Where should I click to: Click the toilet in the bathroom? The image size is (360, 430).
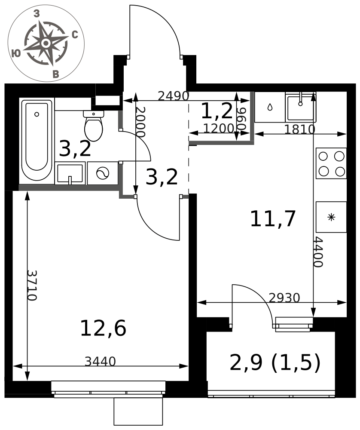point(94,126)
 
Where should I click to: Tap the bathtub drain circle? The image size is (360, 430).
point(37,114)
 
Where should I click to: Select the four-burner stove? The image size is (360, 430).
point(331,163)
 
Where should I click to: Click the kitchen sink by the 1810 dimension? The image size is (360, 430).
point(301,107)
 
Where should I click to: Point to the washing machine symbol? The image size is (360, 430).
point(103,173)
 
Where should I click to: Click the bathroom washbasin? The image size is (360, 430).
point(70,173)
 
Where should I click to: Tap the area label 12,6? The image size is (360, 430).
point(103,328)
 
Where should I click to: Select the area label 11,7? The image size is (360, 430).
point(273,219)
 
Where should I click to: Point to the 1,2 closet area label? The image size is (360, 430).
point(217,111)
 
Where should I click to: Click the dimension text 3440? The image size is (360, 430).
point(100,362)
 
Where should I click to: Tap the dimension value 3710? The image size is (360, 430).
point(32,286)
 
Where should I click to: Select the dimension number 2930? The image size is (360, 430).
point(284,298)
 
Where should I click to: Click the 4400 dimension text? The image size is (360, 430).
point(318,252)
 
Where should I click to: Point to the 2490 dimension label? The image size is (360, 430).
point(174,96)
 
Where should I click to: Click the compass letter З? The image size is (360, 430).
point(37,13)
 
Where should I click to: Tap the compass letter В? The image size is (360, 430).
point(55,74)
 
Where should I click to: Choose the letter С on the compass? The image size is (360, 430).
point(75,35)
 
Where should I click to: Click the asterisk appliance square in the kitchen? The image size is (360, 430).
point(331,217)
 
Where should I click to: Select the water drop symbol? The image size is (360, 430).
point(270,107)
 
